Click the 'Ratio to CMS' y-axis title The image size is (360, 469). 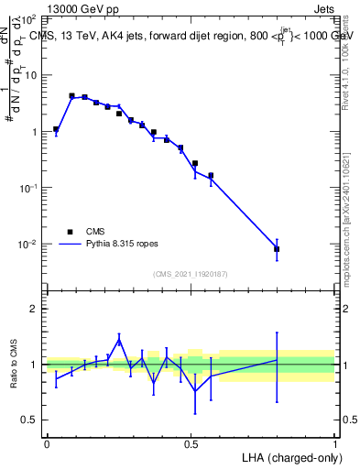click(x=14, y=363)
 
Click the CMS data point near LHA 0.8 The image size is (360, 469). click(x=277, y=249)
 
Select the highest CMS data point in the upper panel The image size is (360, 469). click(x=71, y=95)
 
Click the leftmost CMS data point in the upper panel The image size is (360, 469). click(x=56, y=129)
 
